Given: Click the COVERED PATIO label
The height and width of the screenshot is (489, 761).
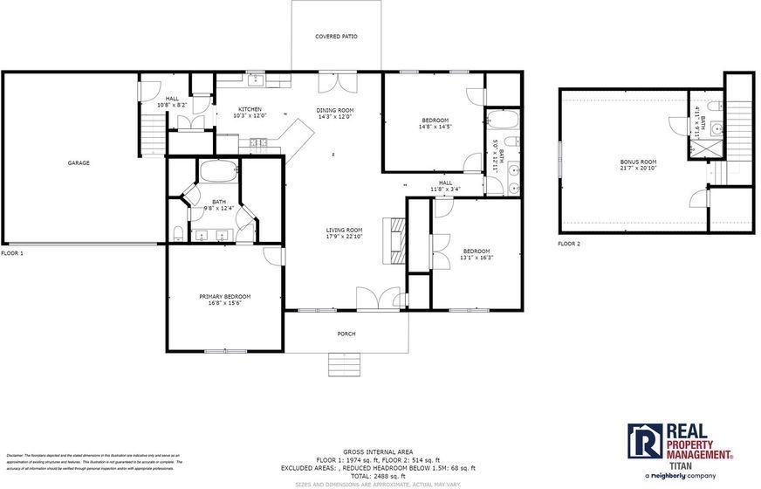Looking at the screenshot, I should pyautogui.click(x=336, y=37).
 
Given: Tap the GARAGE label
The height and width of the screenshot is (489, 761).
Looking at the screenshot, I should pyautogui.click(x=79, y=162).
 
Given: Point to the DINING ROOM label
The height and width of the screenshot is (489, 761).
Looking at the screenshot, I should pyautogui.click(x=335, y=110).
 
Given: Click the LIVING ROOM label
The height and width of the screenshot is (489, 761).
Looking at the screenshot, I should pyautogui.click(x=344, y=230).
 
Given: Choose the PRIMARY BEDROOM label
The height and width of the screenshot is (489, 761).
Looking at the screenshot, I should pyautogui.click(x=224, y=297).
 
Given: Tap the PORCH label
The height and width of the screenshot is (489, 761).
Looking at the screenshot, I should pyautogui.click(x=346, y=334).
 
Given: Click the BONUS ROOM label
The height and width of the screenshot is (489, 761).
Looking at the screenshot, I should pyautogui.click(x=638, y=162).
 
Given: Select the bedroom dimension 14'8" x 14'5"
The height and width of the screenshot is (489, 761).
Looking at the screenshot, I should pyautogui.click(x=435, y=127).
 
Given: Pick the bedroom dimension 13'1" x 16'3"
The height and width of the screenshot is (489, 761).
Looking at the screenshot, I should pyautogui.click(x=476, y=258).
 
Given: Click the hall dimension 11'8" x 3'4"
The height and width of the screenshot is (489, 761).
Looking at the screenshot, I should pyautogui.click(x=445, y=189).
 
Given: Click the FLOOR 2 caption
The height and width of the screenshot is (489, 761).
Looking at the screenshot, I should pyautogui.click(x=569, y=244).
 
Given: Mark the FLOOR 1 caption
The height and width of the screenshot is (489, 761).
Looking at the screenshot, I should pyautogui.click(x=12, y=253).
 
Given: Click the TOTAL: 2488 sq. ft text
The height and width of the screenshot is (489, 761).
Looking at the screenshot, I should pyautogui.click(x=378, y=476).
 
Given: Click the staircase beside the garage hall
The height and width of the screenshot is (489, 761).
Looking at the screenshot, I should pyautogui.click(x=152, y=134).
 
